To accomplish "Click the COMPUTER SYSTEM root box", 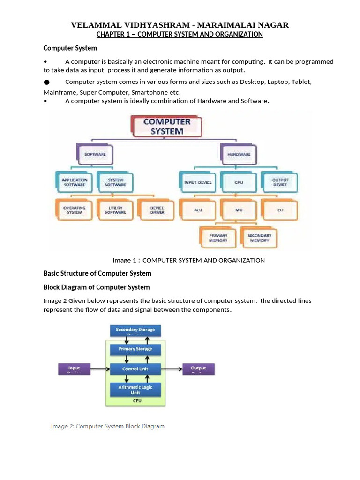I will [x=166, y=126].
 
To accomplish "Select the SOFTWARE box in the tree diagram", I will [x=94, y=154].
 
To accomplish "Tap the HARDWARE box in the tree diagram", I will [x=238, y=154].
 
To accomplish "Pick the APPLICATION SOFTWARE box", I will [x=74, y=182].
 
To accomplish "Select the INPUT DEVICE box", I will [x=197, y=182].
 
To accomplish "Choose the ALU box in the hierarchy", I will [x=197, y=210].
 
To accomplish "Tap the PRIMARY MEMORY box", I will [x=218, y=238].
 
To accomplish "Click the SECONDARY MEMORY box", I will [x=259, y=238].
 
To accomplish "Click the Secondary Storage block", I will [x=135, y=330].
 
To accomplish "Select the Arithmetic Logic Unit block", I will [x=135, y=389].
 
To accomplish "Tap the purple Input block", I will [x=74, y=369].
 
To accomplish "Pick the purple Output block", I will [x=198, y=369].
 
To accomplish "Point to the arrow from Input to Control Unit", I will [x=99, y=369].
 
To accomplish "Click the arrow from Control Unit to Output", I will [x=172, y=369].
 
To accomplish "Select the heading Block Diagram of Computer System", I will [x=97, y=287].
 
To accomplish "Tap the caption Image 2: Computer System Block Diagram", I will [x=108, y=426].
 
